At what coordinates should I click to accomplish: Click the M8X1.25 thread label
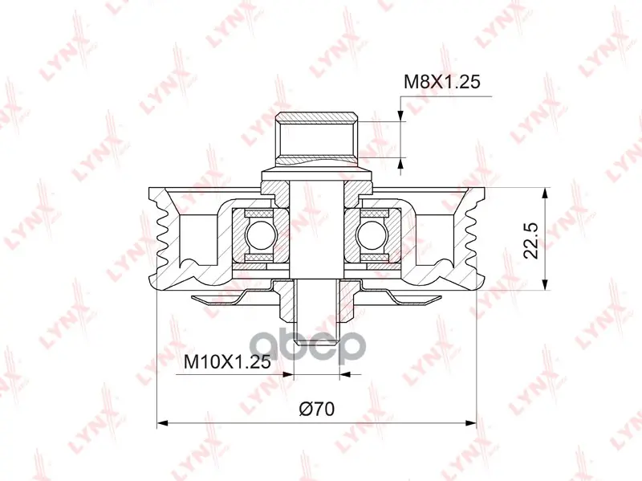[x=441, y=82]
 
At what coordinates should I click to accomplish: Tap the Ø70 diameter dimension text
[x=316, y=409]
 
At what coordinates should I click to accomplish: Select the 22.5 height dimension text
[x=531, y=241]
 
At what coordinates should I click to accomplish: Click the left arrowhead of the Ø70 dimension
[x=163, y=423]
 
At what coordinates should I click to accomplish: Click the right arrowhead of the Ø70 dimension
[x=471, y=423]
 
